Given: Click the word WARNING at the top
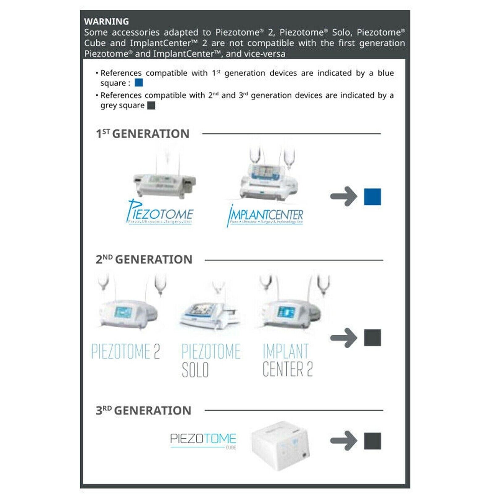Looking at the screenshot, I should click(107, 22).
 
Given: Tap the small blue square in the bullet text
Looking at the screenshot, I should click(139, 83).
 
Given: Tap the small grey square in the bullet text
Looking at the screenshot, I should click(151, 106).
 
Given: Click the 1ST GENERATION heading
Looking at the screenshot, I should click(143, 134).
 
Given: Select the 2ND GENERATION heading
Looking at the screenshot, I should click(144, 259).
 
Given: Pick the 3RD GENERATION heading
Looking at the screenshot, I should click(144, 410).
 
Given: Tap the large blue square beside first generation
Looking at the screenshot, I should click(372, 197).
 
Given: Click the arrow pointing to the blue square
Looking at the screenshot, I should click(344, 196).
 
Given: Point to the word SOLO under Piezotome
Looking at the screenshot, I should click(195, 370).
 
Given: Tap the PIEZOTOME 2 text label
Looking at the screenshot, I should click(126, 351).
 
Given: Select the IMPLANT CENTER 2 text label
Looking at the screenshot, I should click(287, 360).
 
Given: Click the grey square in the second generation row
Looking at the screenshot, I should click(372, 338).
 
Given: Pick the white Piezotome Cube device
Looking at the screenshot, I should click(280, 445).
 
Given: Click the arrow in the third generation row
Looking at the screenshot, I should click(344, 441).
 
